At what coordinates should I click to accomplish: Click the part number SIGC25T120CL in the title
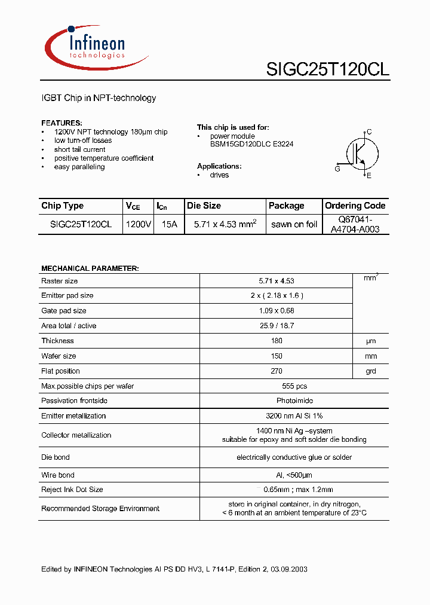click(x=327, y=69)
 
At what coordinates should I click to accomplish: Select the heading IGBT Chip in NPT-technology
click(x=99, y=98)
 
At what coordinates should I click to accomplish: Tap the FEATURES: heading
click(x=62, y=123)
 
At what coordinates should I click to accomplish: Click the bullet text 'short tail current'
click(x=79, y=149)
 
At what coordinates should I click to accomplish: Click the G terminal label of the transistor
click(x=337, y=169)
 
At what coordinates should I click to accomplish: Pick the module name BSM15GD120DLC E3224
click(x=251, y=144)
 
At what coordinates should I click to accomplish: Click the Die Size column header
click(x=204, y=206)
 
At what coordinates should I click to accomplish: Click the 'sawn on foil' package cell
click(x=294, y=224)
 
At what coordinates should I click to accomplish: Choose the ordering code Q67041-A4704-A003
click(x=355, y=224)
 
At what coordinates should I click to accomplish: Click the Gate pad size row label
click(x=64, y=311)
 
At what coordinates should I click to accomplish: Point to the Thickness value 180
click(x=277, y=341)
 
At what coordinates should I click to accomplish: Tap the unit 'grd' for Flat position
click(x=371, y=371)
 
